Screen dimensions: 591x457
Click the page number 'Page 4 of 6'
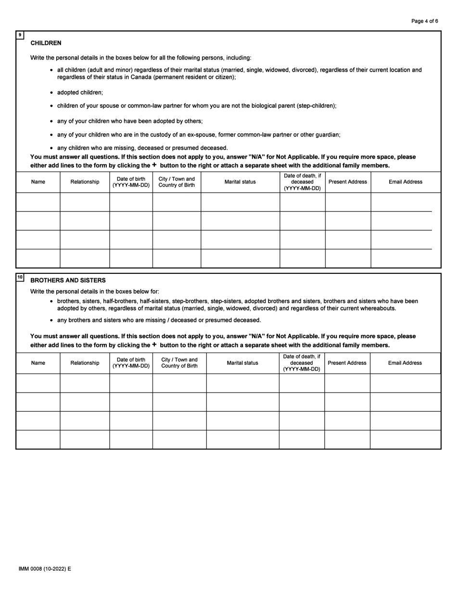[424, 21]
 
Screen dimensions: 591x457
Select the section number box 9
[20, 35]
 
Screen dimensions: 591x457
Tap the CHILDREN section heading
[46, 43]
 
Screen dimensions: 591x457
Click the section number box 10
[20, 277]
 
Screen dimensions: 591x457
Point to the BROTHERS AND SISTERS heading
[68, 280]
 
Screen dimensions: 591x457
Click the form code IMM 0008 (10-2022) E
[45, 569]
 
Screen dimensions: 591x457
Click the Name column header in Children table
[38, 182]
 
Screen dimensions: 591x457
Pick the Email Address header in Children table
[405, 182]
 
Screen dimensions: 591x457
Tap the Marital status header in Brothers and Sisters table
[242, 363]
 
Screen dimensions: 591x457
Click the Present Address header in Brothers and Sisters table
[347, 363]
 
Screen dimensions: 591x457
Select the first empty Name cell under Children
[38, 202]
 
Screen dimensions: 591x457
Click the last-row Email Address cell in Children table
[405, 259]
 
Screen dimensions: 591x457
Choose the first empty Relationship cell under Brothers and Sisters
[85, 383]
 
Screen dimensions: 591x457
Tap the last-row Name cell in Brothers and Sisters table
[38, 439]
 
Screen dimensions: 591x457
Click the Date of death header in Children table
[302, 182]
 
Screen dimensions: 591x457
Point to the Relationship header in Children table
[85, 182]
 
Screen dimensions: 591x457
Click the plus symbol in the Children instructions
[154, 165]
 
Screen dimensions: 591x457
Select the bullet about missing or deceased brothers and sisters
[159, 320]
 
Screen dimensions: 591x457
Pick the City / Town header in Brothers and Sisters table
[179, 363]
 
